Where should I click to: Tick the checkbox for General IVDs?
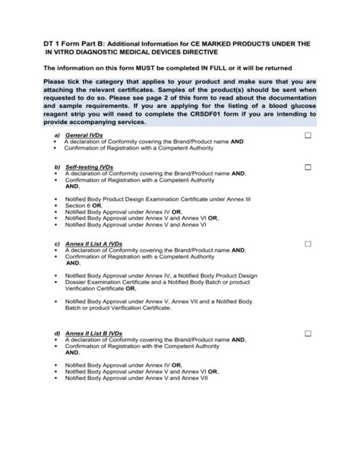(x=308, y=135)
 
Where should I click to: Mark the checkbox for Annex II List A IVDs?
(x=308, y=244)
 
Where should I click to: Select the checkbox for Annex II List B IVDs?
(x=308, y=334)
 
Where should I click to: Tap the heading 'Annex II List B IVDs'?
(x=93, y=334)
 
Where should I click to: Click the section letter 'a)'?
(x=57, y=135)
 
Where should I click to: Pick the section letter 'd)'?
(x=57, y=334)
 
